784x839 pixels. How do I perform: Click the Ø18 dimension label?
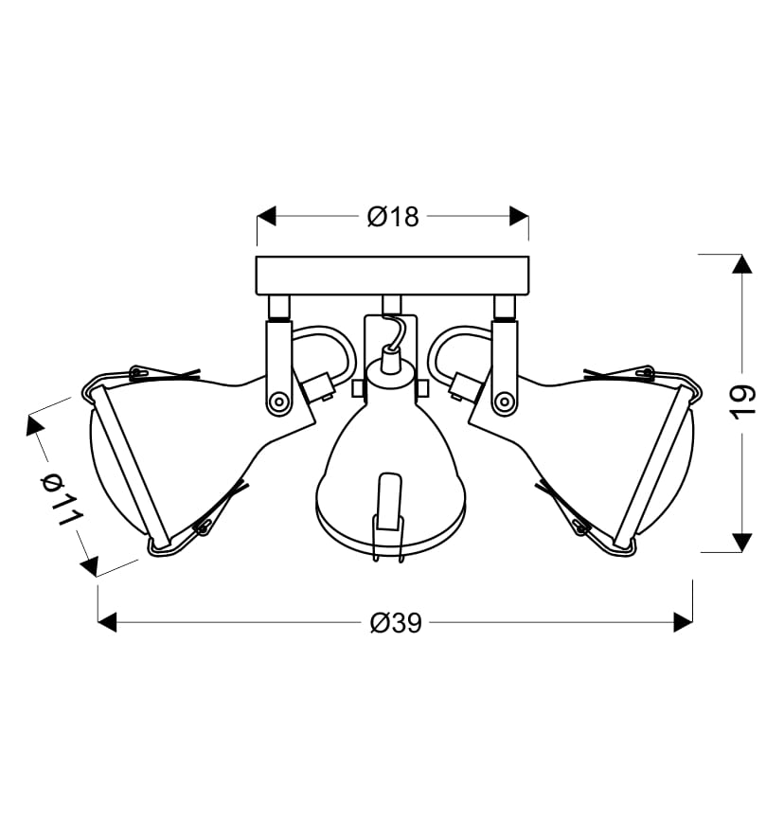click(393, 217)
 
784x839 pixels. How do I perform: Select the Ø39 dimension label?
click(396, 623)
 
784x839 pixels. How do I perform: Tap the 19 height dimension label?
click(743, 402)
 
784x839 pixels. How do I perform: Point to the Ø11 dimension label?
click(62, 500)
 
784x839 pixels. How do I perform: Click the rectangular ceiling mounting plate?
click(392, 276)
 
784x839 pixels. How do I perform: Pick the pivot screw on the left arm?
click(278, 401)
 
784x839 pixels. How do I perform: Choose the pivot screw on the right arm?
click(503, 401)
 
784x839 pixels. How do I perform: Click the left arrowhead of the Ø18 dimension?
click(266, 216)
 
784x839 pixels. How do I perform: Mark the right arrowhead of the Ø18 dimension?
click(519, 216)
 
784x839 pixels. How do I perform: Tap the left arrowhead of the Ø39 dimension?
click(107, 622)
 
